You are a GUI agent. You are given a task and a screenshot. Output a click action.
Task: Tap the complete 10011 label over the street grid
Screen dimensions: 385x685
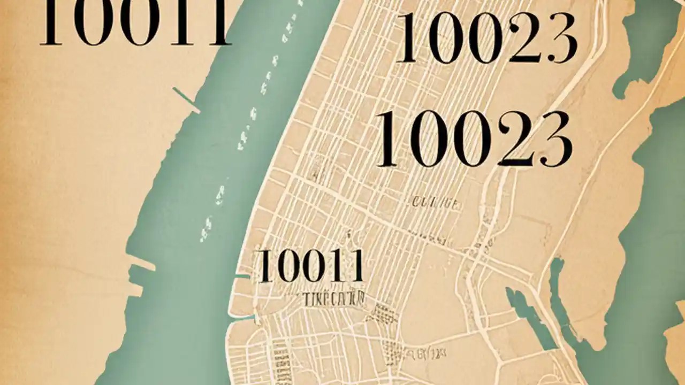[x=310, y=266]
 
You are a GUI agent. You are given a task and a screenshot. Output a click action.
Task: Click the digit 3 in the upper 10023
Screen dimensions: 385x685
[x=559, y=39]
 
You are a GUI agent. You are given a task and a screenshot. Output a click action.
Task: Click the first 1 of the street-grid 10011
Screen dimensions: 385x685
[x=264, y=266]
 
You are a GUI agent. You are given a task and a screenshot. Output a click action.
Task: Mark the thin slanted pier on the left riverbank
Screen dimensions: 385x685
[x=187, y=100]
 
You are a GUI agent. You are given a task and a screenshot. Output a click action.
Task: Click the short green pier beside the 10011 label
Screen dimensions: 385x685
[x=242, y=276]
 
